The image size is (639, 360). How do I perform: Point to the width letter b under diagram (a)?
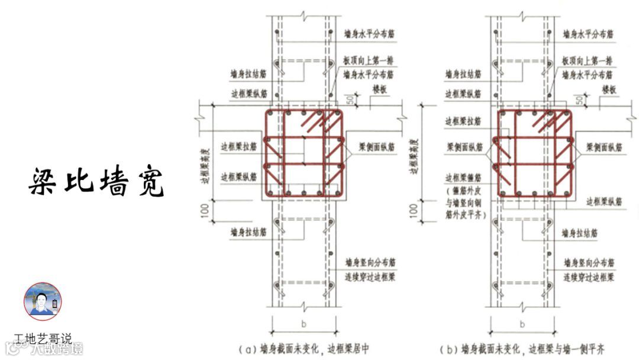pyautogui.click(x=303, y=324)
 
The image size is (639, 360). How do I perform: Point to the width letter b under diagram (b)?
pyautogui.click(x=522, y=324)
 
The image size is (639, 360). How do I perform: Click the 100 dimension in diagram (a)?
pyautogui.click(x=205, y=210)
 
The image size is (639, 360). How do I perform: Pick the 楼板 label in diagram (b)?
pyautogui.click(x=609, y=89)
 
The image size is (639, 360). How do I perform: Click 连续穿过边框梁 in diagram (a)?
pyautogui.click(x=371, y=277)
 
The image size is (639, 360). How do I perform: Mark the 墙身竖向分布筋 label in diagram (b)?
pyautogui.click(x=588, y=262)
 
